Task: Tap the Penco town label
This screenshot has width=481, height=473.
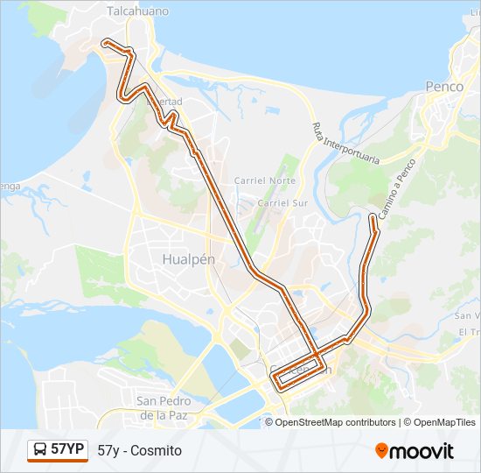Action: (443, 86)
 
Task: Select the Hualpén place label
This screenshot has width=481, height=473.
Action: (188, 259)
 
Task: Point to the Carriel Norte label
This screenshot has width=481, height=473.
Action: (264, 180)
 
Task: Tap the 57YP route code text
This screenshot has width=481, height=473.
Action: (67, 450)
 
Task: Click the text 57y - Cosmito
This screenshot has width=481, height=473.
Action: (140, 450)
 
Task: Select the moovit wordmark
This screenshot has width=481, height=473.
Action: (422, 451)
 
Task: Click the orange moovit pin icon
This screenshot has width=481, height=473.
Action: (381, 450)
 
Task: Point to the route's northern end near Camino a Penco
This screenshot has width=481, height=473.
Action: (374, 216)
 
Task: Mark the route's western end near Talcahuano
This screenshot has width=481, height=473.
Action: (105, 41)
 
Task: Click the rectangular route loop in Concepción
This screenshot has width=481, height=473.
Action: (296, 371)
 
